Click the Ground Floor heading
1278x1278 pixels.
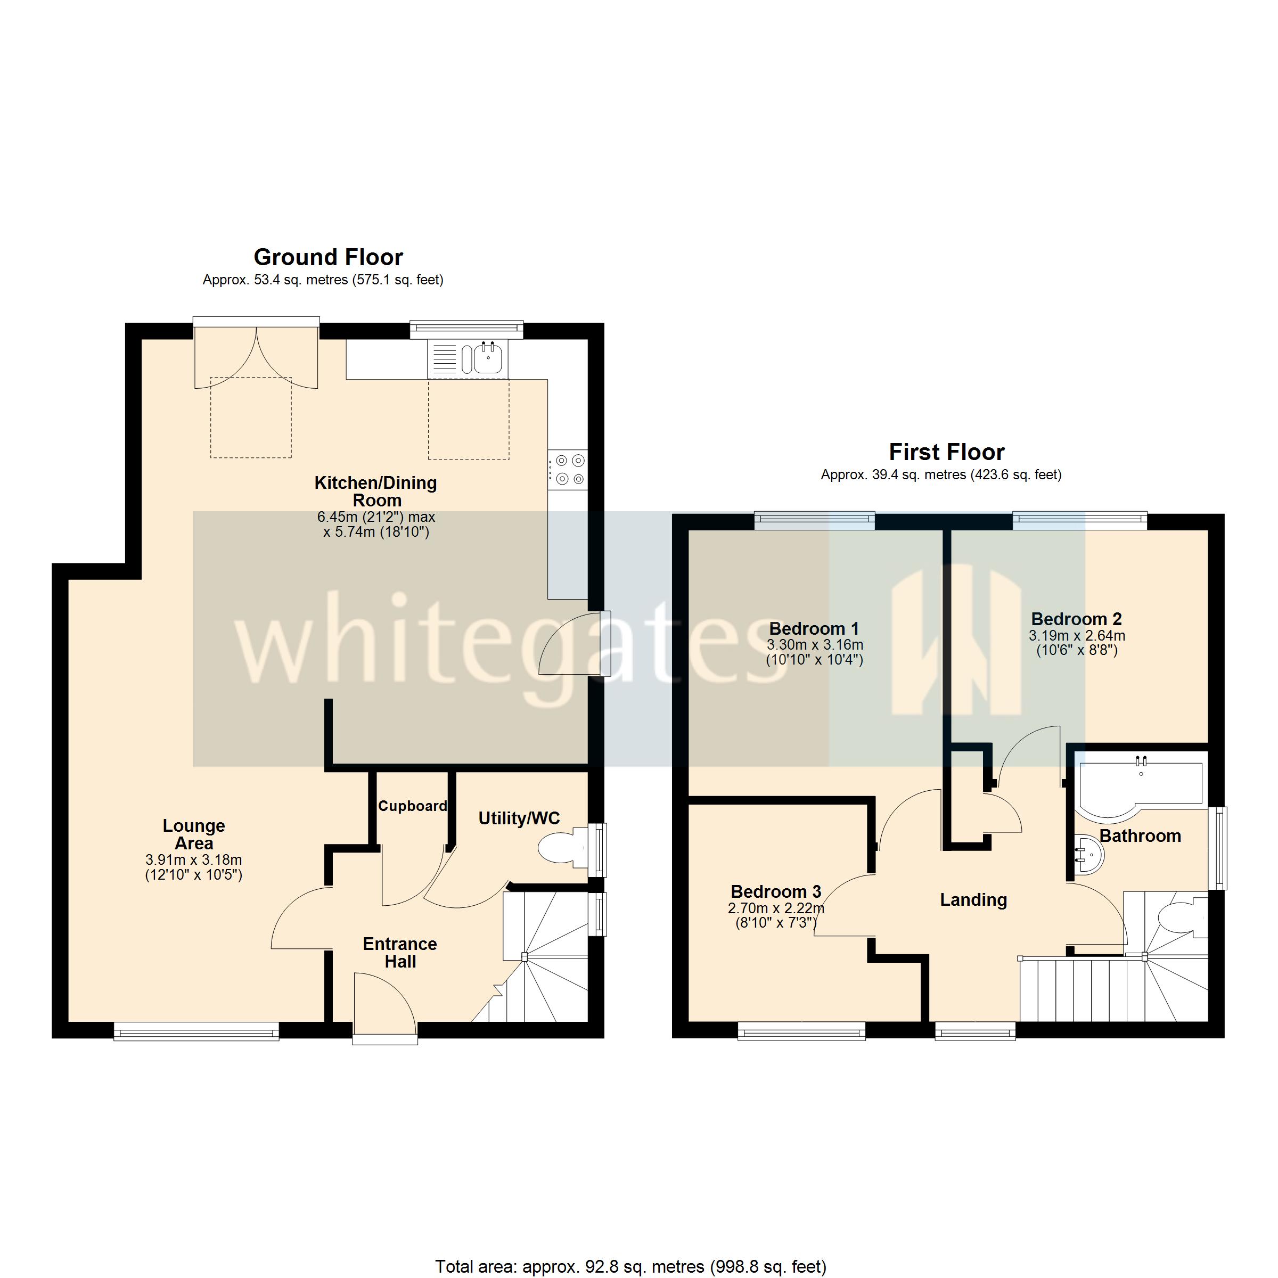coord(328,257)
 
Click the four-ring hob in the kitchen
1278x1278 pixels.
coord(568,469)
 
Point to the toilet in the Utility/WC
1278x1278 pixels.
coord(563,849)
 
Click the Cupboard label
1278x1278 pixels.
coord(413,806)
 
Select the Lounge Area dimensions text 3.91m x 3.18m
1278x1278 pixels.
coord(194,860)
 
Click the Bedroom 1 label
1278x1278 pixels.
coord(814,628)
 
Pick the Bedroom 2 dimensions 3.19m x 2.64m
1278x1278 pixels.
coord(1077,636)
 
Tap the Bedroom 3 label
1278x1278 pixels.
coord(776,892)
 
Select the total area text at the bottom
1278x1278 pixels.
coord(630,1266)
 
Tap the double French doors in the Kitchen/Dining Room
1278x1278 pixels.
coord(257,356)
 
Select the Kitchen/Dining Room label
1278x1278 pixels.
coord(376,491)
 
